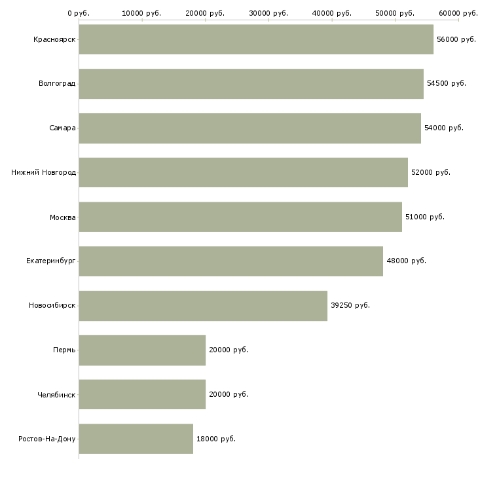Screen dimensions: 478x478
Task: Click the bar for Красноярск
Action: coord(256,39)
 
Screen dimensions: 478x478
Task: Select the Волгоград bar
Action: coord(251,84)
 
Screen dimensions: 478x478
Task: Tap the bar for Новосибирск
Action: coord(203,306)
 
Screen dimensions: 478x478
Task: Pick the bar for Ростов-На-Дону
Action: coord(136,439)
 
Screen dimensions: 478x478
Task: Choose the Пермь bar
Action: coord(142,350)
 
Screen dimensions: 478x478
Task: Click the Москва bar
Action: coord(240,217)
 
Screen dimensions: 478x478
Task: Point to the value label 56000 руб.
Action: coord(456,40)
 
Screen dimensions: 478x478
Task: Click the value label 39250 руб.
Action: coord(350,305)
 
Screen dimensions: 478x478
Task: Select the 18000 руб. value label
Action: coord(216,439)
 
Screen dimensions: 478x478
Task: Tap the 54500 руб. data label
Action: coord(447,83)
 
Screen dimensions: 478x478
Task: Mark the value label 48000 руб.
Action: coord(406,261)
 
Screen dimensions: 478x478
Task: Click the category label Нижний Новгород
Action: coord(44,173)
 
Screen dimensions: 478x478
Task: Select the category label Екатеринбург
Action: coord(50,261)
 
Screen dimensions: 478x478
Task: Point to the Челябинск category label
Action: coord(56,395)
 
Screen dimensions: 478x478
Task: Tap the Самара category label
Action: coord(62,128)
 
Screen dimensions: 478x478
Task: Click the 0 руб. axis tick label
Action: coord(79,13)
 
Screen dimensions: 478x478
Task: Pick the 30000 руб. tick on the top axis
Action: coord(268,13)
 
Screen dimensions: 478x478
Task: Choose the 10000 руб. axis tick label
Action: coord(141,13)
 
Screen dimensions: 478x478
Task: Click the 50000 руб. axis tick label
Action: coord(395,13)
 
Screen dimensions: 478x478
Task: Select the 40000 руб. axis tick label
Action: coord(332,13)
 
